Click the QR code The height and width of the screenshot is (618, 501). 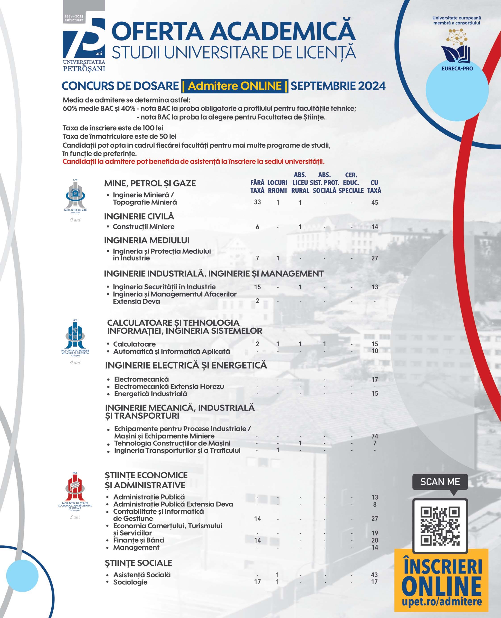pos(440,526)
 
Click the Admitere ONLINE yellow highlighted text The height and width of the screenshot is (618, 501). pos(235,86)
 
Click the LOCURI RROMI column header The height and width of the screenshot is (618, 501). pos(277,186)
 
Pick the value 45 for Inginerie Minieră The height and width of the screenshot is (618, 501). pos(374,202)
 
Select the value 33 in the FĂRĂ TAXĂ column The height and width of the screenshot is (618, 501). pos(257,202)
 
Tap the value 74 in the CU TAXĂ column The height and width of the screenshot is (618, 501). pos(375,436)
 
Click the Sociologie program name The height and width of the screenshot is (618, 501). pos(130,582)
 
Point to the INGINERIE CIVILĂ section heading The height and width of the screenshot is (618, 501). pos(139,216)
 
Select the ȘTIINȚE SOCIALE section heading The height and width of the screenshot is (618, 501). pos(138,563)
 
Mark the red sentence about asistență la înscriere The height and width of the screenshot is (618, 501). pos(193,162)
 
